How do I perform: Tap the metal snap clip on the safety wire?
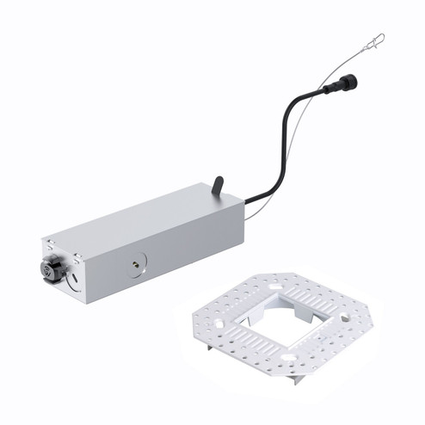pyautogui.click(x=374, y=41)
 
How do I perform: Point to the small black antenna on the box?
pyautogui.click(x=219, y=185)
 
